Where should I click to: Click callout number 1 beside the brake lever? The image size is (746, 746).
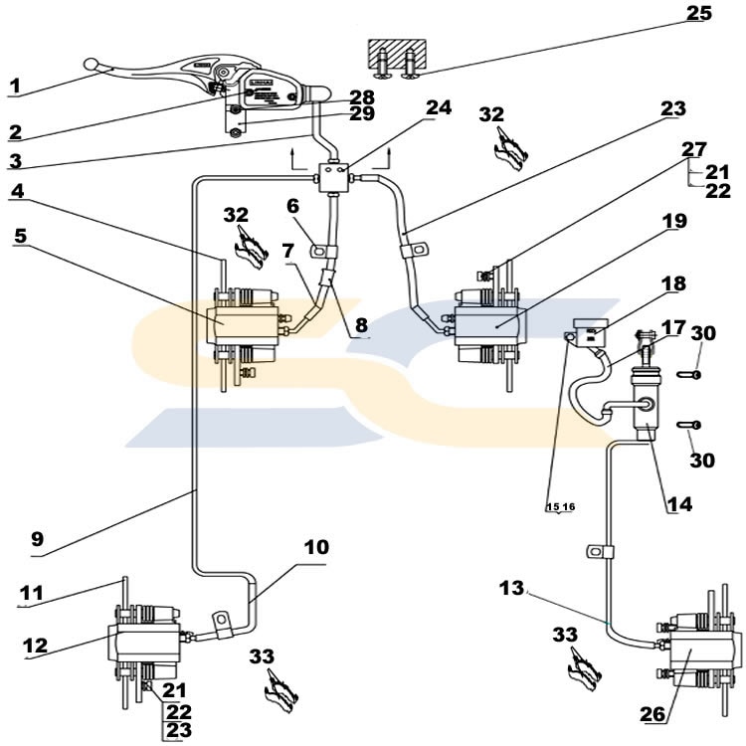click(15, 86)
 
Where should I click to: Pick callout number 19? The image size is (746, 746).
click(674, 221)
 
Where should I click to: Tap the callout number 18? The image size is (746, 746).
click(673, 283)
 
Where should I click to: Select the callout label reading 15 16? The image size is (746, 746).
click(560, 507)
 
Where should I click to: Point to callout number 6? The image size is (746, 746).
click(292, 206)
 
